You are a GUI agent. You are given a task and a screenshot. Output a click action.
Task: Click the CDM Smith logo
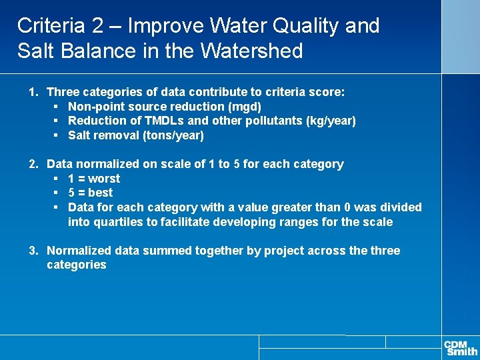[x=461, y=347]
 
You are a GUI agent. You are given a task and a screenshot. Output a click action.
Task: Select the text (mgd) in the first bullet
[x=245, y=107]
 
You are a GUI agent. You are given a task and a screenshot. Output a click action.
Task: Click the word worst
[x=104, y=179]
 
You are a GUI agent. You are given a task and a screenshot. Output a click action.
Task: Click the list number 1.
[x=32, y=92]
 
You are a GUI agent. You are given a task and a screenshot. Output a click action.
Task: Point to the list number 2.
[x=32, y=164]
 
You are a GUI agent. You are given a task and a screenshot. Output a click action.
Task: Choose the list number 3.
[x=32, y=251]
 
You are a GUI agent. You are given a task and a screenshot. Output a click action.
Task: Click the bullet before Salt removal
[x=57, y=135]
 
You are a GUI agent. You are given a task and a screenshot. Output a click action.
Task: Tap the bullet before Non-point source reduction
[x=57, y=107]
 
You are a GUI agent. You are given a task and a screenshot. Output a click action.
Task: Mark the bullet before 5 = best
[x=57, y=193]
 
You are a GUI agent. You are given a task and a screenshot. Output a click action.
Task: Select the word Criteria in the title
[x=51, y=26]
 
